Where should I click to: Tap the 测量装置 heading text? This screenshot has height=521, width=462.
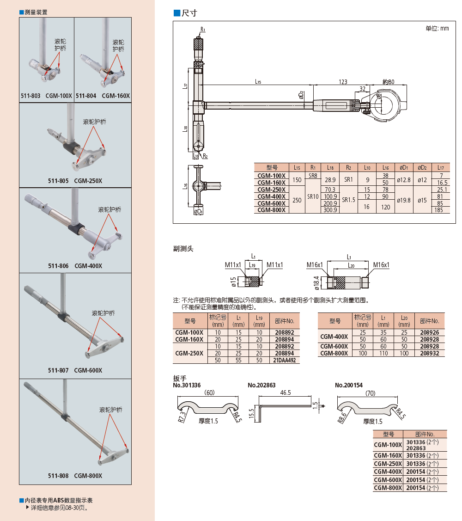coord(36,12)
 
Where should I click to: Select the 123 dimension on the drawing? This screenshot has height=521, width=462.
coord(342,82)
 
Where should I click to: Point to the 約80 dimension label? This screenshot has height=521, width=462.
coord(389,82)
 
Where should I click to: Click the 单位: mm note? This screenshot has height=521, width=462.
coord(437,29)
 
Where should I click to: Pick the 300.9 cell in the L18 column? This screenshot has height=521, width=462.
coord(330,210)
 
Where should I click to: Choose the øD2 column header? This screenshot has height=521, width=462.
coord(422,167)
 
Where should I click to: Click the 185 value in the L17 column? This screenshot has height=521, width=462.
coord(440,210)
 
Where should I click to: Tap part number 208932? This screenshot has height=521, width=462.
coord(432,353)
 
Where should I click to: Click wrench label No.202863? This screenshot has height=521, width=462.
coord(261,385)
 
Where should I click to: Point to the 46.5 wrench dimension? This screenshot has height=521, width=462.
coord(286,392)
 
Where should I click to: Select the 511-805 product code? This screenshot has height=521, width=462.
coord(58,180)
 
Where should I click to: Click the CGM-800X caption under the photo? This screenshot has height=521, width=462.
coord(88,476)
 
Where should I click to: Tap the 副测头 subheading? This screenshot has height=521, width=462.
coord(183,249)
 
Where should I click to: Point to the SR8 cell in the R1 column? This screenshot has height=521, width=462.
coord(313,176)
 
